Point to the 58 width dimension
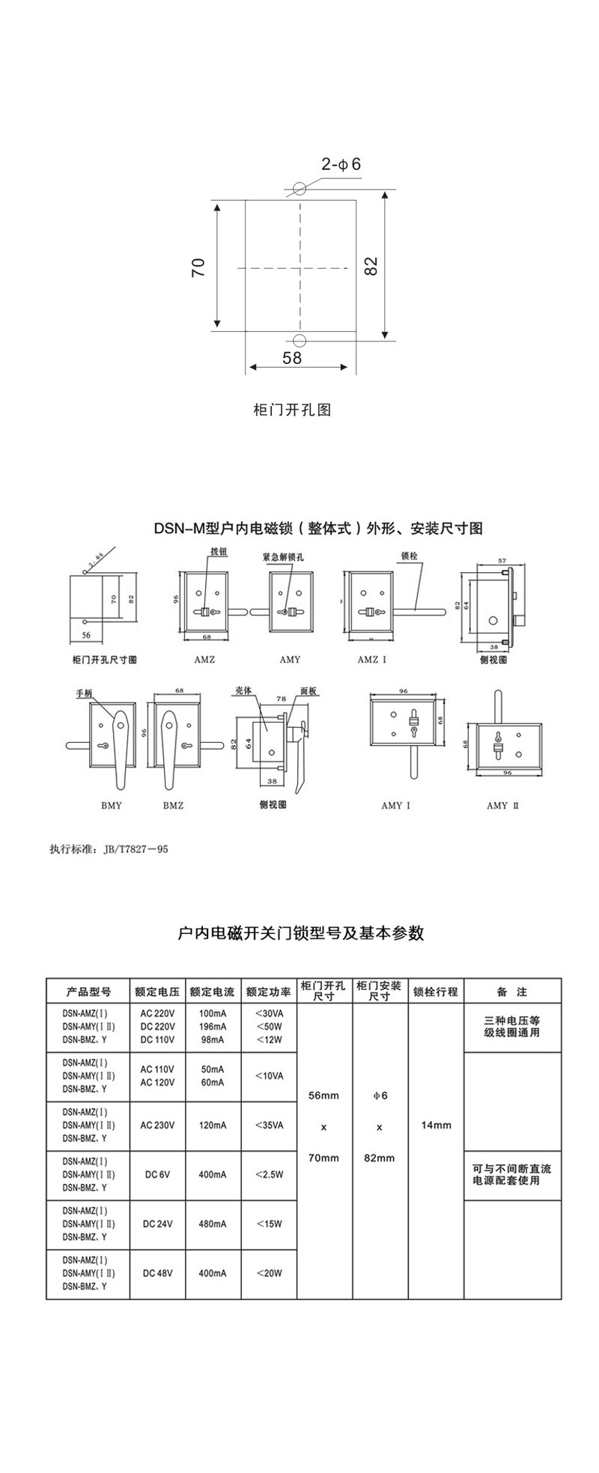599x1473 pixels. (292, 358)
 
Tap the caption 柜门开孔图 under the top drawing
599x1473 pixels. (292, 410)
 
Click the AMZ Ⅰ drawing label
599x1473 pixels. (372, 659)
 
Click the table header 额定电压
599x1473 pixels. (157, 991)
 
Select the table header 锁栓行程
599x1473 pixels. (436, 991)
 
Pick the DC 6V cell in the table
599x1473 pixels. (157, 1174)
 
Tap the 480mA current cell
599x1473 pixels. (212, 1224)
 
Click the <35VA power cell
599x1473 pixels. (269, 1125)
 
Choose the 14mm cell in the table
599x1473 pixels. (436, 1125)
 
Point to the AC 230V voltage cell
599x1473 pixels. (157, 1125)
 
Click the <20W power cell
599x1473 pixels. (269, 1272)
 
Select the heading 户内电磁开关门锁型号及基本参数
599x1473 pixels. (301, 933)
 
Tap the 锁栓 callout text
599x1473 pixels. (409, 557)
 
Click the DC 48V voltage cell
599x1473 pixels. (157, 1272)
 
